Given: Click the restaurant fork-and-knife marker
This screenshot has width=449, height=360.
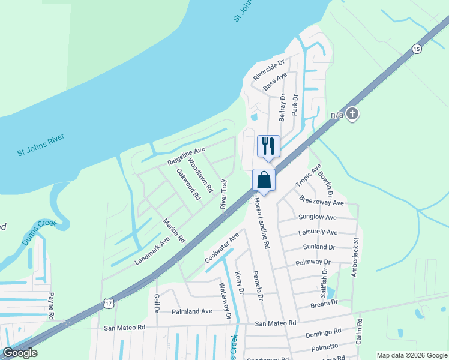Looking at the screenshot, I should pyautogui.click(x=268, y=146).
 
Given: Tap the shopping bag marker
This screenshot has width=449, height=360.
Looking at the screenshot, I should pyautogui.click(x=264, y=179).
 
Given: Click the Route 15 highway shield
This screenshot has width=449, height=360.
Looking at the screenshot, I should pyautogui.click(x=416, y=49).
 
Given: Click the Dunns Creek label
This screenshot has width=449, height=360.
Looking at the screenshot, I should pyautogui.click(x=39, y=231).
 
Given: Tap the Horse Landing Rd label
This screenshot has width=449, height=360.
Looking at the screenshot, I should pyautogui.click(x=262, y=224).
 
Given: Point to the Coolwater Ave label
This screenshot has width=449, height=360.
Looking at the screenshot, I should pyautogui.click(x=221, y=248).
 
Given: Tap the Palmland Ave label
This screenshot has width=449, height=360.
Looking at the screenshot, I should pyautogui.click(x=192, y=311).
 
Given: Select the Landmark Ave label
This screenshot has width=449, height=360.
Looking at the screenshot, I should pyautogui.click(x=152, y=250).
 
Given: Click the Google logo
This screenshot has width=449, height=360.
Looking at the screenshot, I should pyautogui.click(x=20, y=353).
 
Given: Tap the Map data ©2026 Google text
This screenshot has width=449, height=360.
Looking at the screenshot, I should pyautogui.click(x=411, y=355).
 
